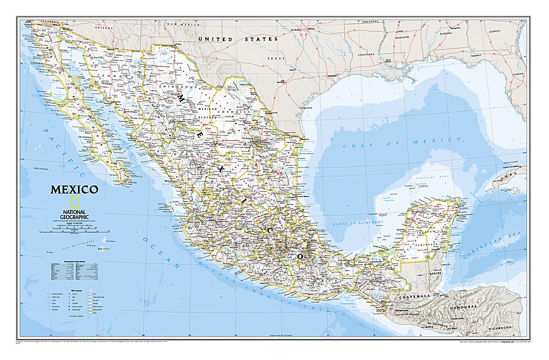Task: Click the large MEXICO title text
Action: pyautogui.click(x=75, y=190)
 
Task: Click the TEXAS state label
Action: pyautogui.click(x=276, y=58)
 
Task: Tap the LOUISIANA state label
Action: pyautogui.click(x=354, y=55)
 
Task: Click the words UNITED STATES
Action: pyautogui.click(x=238, y=40)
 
